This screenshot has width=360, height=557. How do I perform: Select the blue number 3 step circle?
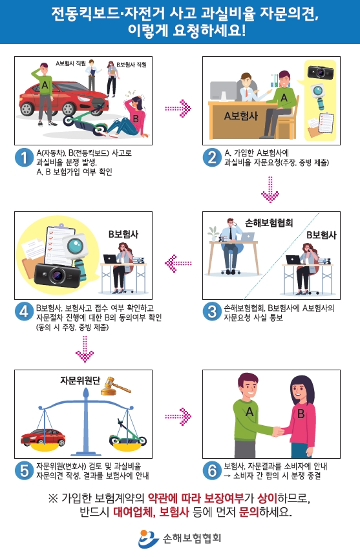(x=212, y=311)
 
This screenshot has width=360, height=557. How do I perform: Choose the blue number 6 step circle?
(x=212, y=470)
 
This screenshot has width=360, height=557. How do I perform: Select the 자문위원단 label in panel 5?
(x=79, y=380)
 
